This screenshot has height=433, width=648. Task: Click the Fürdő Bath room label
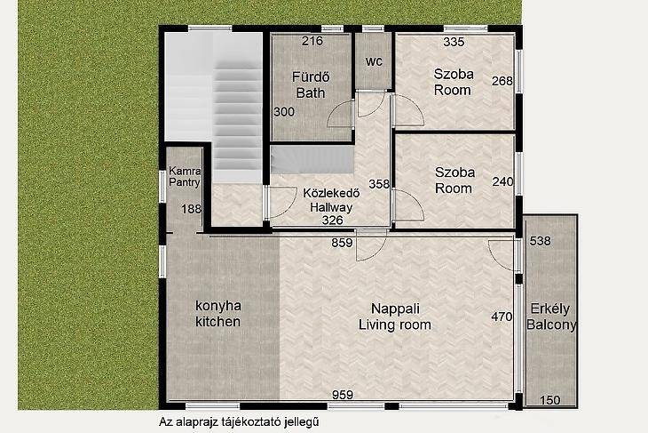(311, 84)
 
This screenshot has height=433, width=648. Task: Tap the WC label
(374, 61)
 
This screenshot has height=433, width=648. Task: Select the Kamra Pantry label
(185, 176)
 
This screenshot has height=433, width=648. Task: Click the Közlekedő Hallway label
(331, 200)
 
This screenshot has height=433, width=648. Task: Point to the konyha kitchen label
(217, 314)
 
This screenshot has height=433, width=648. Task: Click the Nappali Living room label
(395, 317)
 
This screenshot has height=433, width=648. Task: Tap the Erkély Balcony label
(551, 317)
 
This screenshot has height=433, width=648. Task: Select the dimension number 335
(454, 42)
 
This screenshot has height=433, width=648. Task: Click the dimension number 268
(502, 81)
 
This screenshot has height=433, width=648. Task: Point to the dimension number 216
(312, 41)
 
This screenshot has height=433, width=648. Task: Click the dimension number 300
(284, 112)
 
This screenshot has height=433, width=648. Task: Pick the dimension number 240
(503, 181)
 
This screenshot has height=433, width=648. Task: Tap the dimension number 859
(342, 243)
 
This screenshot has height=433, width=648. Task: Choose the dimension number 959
(343, 395)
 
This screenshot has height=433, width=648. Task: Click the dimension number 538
(540, 241)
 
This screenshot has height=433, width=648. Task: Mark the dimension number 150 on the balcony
(550, 400)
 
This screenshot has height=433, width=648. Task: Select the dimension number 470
(502, 317)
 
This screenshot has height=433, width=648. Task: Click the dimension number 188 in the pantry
(192, 209)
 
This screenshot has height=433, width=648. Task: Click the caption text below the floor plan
(240, 422)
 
